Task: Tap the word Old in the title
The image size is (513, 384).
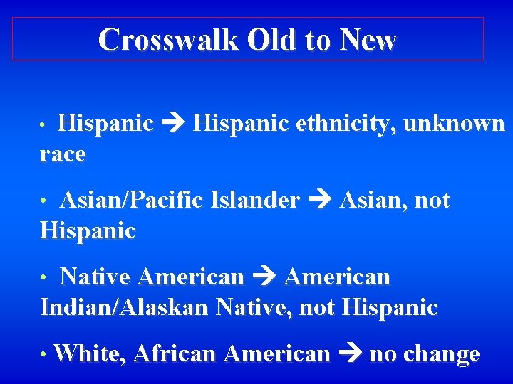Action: click(272, 40)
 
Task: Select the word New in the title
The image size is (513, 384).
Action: click(368, 40)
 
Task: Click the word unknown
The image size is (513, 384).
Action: click(454, 124)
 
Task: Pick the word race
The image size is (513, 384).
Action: click(63, 154)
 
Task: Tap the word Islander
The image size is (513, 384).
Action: click(255, 201)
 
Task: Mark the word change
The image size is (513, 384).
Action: click(441, 353)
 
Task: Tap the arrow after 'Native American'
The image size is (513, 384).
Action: click(264, 277)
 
